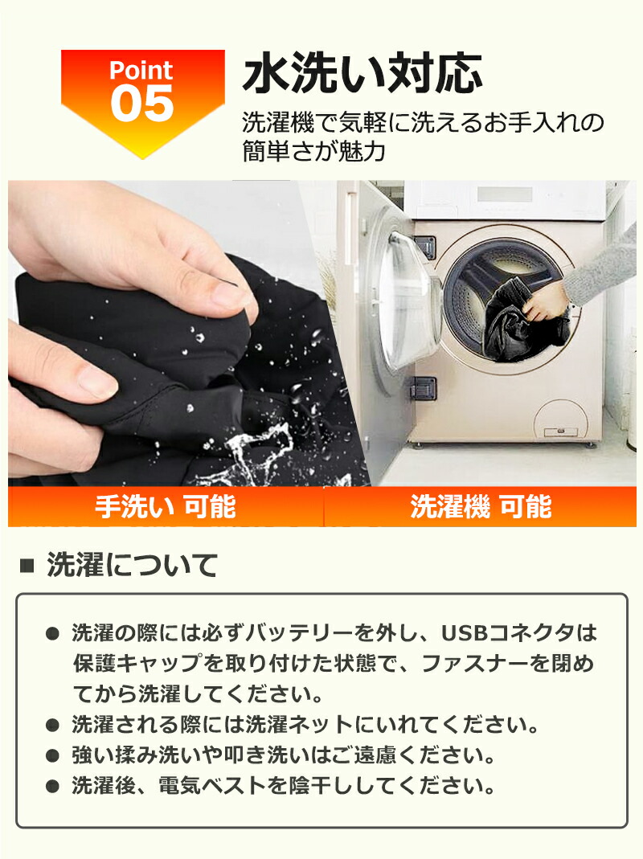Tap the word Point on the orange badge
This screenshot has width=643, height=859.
pyautogui.click(x=141, y=70)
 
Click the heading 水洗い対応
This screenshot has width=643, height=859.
pyautogui.click(x=362, y=73)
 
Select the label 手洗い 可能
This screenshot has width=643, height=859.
pyautogui.click(x=166, y=506)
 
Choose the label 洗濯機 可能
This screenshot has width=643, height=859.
pyautogui.click(x=481, y=506)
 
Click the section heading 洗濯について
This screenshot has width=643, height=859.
pyautogui.click(x=133, y=565)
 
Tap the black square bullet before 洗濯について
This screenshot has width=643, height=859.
pyautogui.click(x=27, y=566)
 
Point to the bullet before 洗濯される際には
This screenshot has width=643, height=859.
pyautogui.click(x=52, y=726)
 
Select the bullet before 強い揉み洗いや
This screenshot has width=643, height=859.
pyautogui.click(x=52, y=757)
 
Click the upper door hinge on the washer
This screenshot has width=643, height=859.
pyautogui.click(x=425, y=247)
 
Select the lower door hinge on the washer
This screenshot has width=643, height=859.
pyautogui.click(x=423, y=388)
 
